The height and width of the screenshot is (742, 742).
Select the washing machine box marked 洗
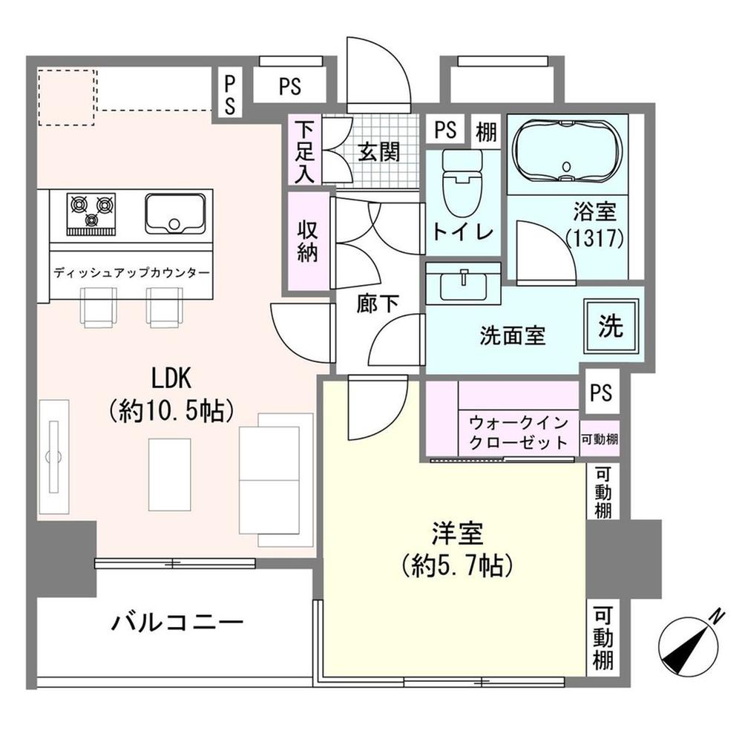click(611, 326)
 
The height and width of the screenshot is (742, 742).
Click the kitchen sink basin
click(175, 214)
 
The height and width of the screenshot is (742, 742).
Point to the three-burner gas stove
click(91, 214)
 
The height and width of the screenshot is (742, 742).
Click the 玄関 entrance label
click(379, 152)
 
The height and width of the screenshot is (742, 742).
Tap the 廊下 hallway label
click(378, 303)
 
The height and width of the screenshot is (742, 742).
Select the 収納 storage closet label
click(307, 241)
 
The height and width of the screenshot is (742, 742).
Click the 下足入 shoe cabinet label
click(305, 152)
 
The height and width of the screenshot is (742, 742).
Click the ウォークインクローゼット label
click(519, 432)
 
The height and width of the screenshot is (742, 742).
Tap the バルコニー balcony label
click(177, 622)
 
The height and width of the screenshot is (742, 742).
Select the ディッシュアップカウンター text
click(131, 273)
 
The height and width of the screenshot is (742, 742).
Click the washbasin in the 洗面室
click(463, 283)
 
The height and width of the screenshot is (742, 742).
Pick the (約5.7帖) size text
click(457, 565)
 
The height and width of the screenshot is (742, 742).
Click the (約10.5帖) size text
click(172, 410)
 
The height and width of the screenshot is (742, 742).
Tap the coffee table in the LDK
click(170, 475)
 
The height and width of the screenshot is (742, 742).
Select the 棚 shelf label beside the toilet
click(486, 131)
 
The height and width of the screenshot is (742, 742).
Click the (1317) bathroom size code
click(595, 238)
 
